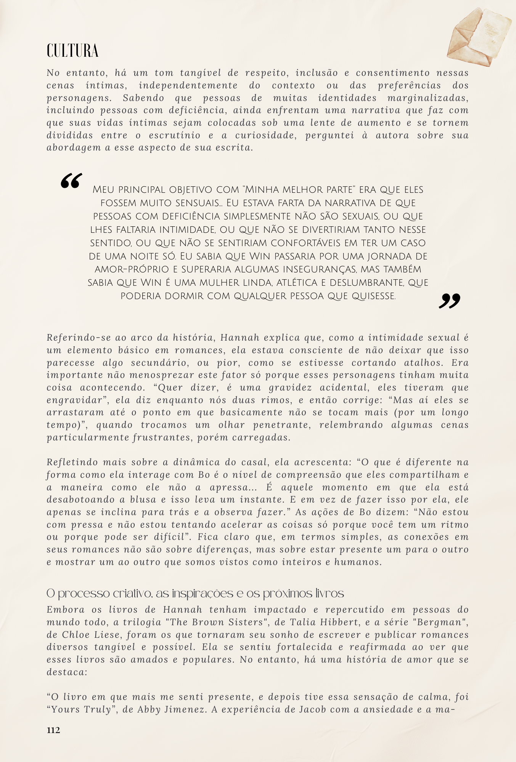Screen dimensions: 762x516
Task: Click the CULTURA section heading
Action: (x=72, y=51)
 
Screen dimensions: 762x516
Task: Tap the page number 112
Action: (x=53, y=730)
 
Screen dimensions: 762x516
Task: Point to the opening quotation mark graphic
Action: (x=71, y=181)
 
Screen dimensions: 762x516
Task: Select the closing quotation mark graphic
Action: (x=449, y=301)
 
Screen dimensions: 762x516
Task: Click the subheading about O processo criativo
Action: (x=195, y=594)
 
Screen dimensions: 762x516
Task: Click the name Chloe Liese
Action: (x=92, y=635)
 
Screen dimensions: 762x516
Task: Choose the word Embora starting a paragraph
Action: (x=63, y=610)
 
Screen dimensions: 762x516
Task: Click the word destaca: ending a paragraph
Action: (x=67, y=672)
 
